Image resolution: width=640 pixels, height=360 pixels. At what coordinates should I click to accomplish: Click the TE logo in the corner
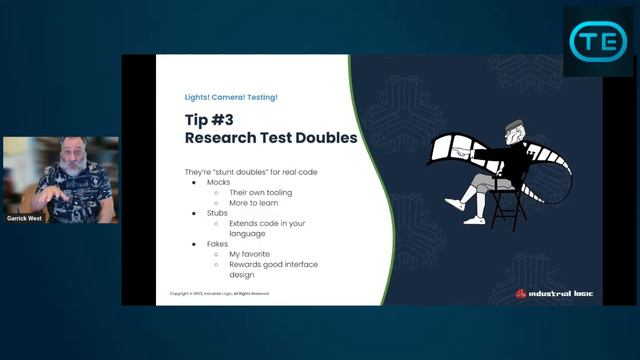pyautogui.click(x=597, y=41)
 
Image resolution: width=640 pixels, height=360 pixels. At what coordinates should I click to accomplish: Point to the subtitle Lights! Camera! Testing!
pyautogui.click(x=231, y=97)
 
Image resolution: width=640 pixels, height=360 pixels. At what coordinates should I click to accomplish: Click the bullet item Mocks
pyautogui.click(x=219, y=184)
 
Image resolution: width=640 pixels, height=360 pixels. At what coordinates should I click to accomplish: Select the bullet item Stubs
pyautogui.click(x=218, y=213)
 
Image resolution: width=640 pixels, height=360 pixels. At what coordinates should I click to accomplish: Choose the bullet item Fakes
pyautogui.click(x=218, y=242)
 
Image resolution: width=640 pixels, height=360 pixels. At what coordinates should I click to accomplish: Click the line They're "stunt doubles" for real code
pyautogui.click(x=251, y=172)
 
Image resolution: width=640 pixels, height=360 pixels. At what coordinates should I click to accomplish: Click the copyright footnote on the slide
pyautogui.click(x=219, y=293)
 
